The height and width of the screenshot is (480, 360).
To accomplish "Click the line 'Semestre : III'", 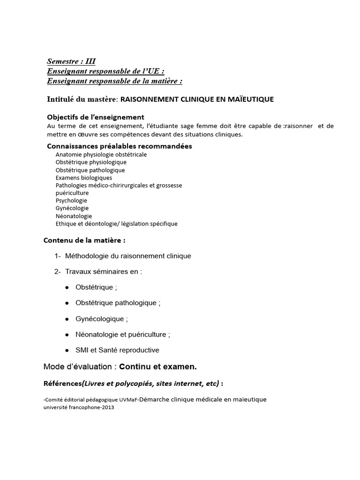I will click(71, 61).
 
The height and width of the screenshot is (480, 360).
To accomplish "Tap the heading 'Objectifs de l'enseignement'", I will click(96, 117).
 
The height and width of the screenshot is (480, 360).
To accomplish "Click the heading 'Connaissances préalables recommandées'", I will click(120, 146).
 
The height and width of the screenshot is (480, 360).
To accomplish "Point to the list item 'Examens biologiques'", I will click(83, 178).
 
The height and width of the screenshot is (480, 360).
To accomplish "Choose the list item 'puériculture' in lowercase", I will click(72, 193).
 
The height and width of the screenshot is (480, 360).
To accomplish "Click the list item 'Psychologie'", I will click(71, 200).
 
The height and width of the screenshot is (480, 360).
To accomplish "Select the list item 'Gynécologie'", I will click(72, 208).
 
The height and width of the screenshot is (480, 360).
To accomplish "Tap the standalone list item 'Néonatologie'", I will click(74, 216).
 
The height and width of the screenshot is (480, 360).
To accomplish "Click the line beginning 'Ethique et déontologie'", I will click(116, 224).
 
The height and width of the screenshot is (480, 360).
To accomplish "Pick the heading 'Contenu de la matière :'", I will click(84, 240).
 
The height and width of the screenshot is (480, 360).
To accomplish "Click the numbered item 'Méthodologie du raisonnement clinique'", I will click(128, 256).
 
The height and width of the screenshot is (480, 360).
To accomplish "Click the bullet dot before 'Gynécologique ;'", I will click(67, 319).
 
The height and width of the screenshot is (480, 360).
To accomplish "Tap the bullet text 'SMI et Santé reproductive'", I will click(117, 350).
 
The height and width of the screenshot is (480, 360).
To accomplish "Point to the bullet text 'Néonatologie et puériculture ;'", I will click(123, 335).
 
